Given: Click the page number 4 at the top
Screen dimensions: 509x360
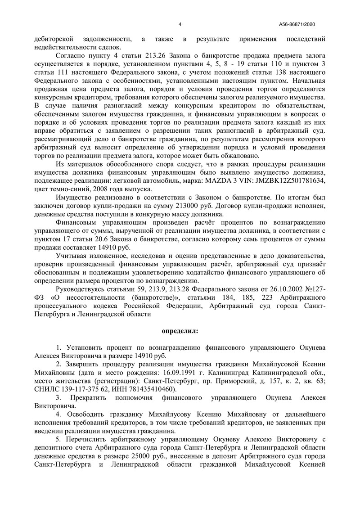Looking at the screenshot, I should (180, 24).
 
